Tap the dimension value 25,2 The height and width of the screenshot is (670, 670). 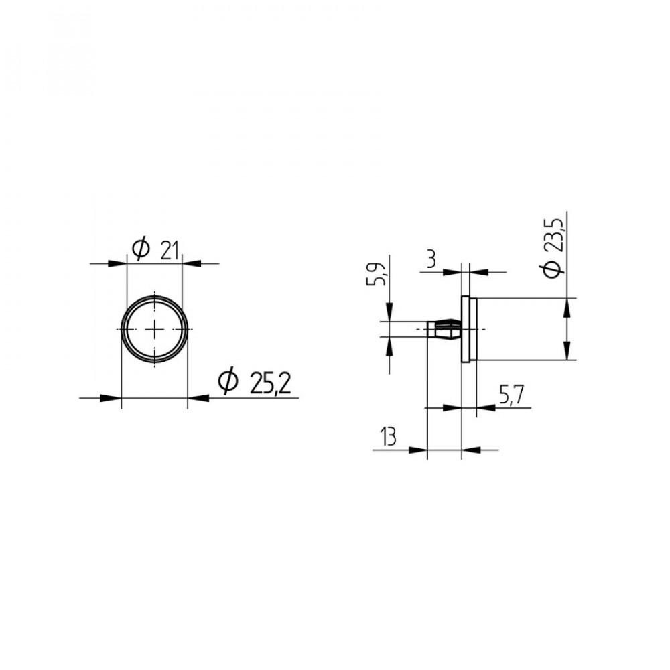pyautogui.click(x=271, y=383)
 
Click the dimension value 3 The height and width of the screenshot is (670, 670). pyautogui.click(x=431, y=259)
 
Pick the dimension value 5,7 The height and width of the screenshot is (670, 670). pyautogui.click(x=511, y=395)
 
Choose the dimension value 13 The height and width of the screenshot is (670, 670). pyautogui.click(x=388, y=437)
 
